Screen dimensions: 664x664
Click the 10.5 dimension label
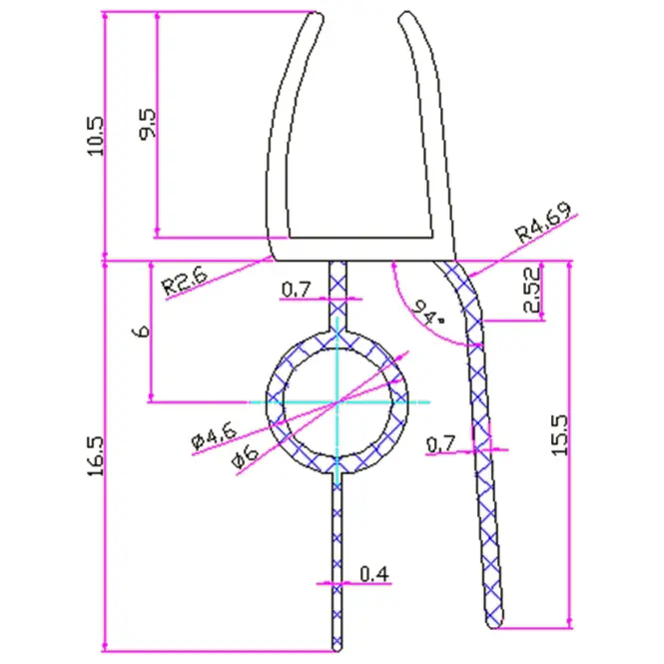[95, 137]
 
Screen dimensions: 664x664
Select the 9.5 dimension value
[148, 124]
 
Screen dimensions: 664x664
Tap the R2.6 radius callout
[185, 280]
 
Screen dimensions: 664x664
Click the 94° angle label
[427, 313]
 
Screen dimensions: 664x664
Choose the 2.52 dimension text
[532, 290]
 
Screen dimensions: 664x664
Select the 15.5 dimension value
[559, 435]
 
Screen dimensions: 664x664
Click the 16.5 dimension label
[95, 456]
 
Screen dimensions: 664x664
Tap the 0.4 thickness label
[374, 574]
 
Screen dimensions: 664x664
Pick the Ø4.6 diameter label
[214, 437]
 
